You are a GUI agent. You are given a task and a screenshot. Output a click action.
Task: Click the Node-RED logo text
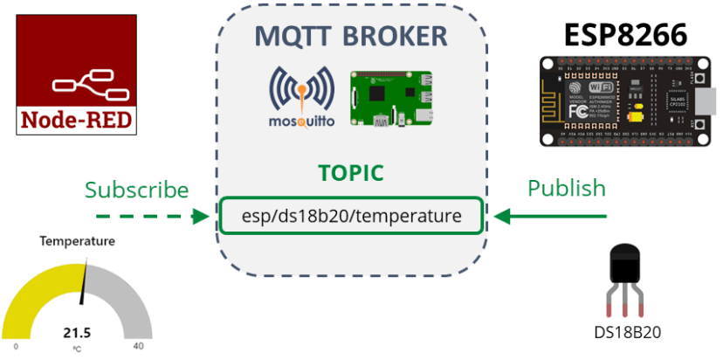pyautogui.click(x=77, y=119)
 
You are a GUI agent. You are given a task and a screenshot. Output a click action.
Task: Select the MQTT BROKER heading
pyautogui.click(x=351, y=37)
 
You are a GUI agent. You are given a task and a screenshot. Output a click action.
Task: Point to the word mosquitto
pyautogui.click(x=301, y=123)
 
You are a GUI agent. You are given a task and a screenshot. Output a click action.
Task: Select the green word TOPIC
pyautogui.click(x=350, y=172)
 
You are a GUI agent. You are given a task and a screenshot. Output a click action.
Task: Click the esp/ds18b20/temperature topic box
pyautogui.click(x=351, y=215)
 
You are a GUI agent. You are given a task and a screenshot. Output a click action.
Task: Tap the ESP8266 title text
pyautogui.click(x=624, y=33)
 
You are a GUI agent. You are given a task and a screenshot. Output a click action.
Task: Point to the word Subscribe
pyautogui.click(x=136, y=190)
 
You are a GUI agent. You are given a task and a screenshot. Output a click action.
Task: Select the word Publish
pyautogui.click(x=566, y=188)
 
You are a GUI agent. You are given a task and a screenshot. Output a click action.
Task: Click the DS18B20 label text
pyautogui.click(x=628, y=332)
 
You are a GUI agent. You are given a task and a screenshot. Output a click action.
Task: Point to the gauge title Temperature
pyautogui.click(x=77, y=241)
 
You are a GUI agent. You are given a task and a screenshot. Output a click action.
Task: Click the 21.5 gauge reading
pyautogui.click(x=77, y=332)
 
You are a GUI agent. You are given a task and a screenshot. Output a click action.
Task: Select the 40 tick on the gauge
pyautogui.click(x=137, y=347)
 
